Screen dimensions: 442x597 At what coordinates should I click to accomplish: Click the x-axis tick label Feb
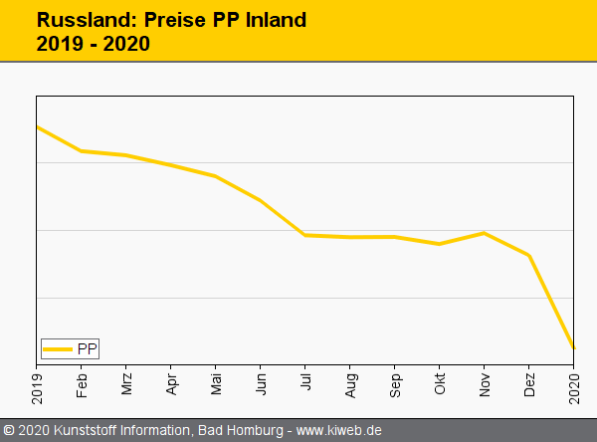(82, 384)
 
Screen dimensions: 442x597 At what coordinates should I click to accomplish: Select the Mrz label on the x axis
(126, 384)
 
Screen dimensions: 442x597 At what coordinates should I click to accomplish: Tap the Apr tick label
(171, 384)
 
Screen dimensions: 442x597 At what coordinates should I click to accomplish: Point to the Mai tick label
(216, 384)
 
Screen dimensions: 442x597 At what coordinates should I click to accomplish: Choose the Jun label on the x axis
(261, 384)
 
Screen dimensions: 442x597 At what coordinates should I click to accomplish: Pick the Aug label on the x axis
(350, 384)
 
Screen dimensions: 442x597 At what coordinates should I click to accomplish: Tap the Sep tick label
(395, 384)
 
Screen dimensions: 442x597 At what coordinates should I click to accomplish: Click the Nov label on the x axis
(485, 384)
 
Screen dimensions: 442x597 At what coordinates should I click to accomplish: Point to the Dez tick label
(529, 384)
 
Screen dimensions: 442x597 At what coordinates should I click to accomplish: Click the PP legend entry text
(88, 348)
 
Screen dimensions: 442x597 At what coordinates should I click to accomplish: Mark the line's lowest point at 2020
(573, 347)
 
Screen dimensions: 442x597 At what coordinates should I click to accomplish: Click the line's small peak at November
(485, 233)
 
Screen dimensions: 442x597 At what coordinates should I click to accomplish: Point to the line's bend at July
(304, 235)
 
